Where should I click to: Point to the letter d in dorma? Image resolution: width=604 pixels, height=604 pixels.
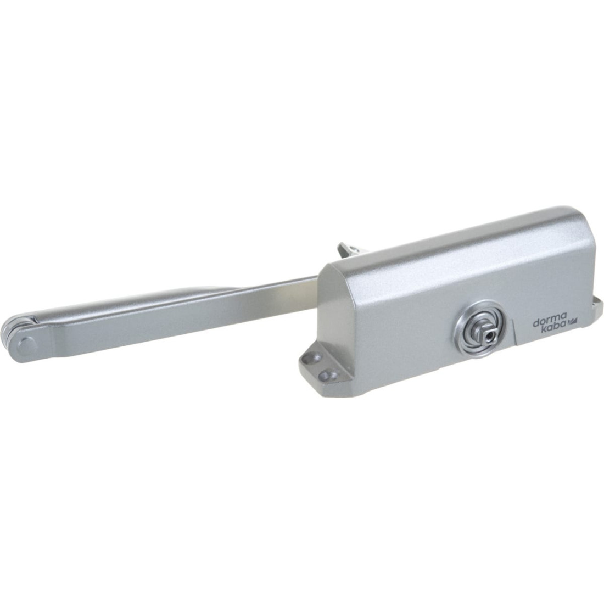pos(536,323)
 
